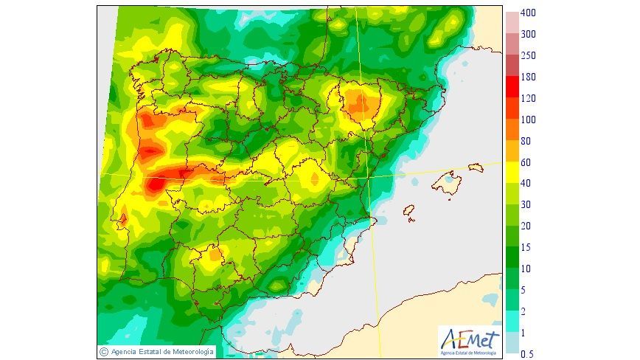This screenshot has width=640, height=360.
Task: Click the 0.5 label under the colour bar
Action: click(527, 354)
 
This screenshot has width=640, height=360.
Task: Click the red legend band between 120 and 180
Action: click(512, 88)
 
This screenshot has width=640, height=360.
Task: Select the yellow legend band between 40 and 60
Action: click(512, 173)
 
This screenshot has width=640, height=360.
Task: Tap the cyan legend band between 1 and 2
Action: click(512, 322)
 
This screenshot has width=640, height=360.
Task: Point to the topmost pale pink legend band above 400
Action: click(512, 18)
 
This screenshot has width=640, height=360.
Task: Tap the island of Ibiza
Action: click(408, 212)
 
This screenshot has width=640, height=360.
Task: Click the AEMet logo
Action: click(470, 340)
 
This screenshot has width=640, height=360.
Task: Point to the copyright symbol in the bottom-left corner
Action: click(104, 351)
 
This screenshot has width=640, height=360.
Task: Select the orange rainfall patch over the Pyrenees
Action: click(360, 103)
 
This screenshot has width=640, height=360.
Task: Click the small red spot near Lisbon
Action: click(123, 218)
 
